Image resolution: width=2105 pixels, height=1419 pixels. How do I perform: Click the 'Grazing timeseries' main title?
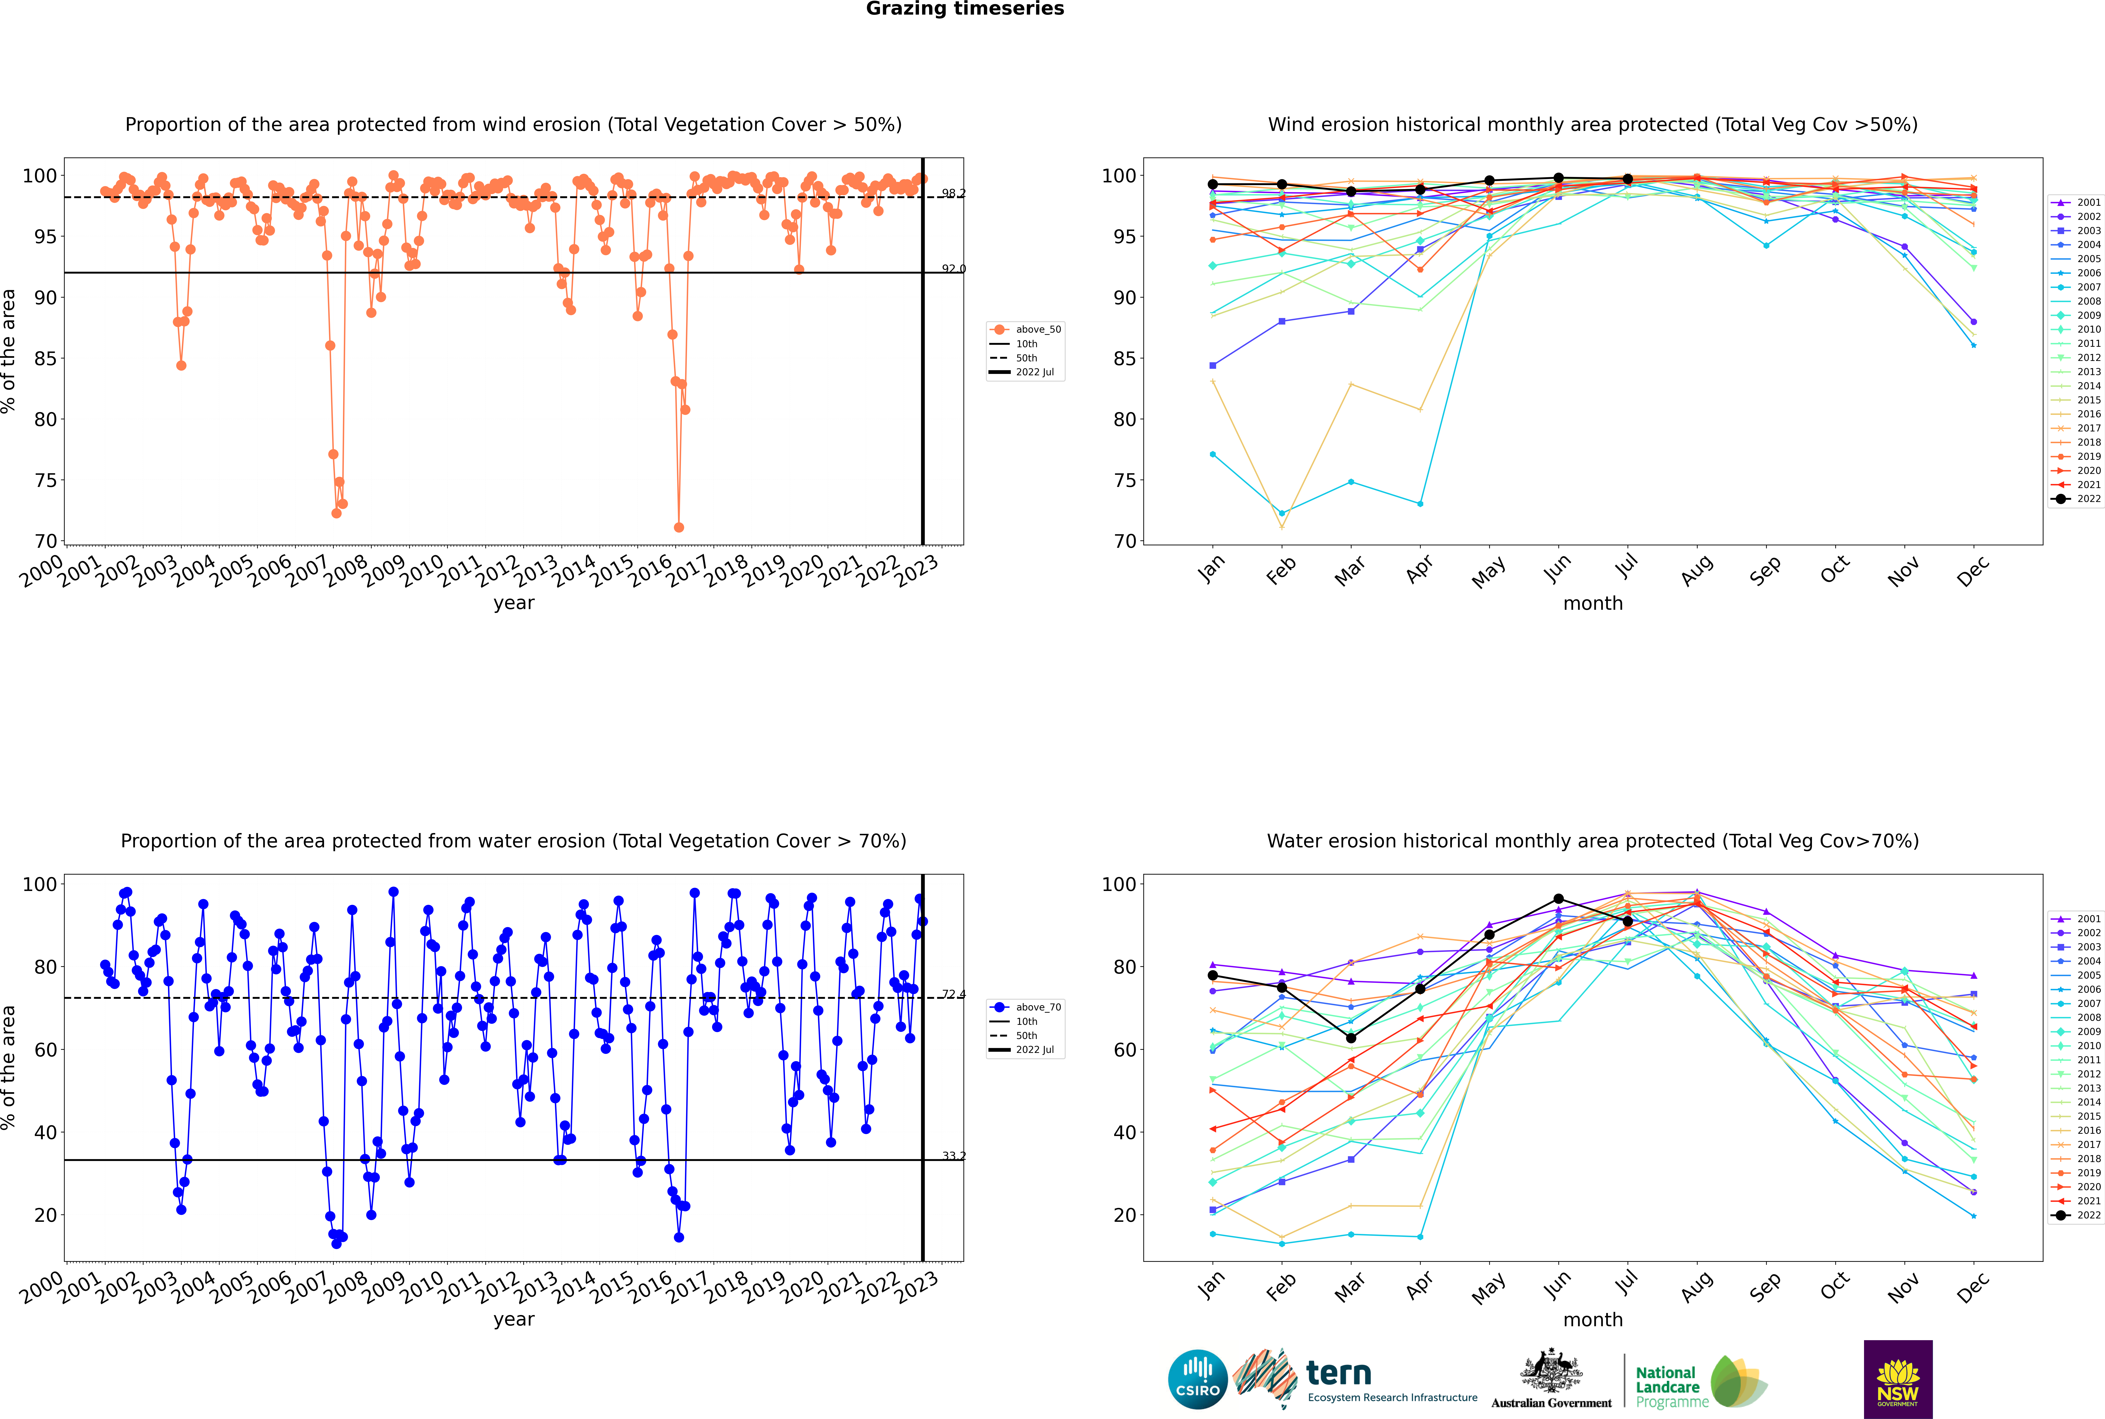pos(965,9)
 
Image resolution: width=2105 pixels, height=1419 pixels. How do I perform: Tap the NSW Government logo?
pos(1898,1379)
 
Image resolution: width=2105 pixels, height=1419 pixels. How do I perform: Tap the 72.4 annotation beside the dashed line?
pos(953,995)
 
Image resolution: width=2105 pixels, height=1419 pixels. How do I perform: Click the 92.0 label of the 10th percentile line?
pos(953,269)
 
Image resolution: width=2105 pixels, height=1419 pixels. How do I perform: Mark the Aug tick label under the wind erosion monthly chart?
pos(1696,570)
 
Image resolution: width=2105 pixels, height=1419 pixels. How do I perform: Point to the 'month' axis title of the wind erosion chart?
pos(1593,604)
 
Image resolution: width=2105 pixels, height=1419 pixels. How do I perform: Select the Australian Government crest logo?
pos(1551,1379)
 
